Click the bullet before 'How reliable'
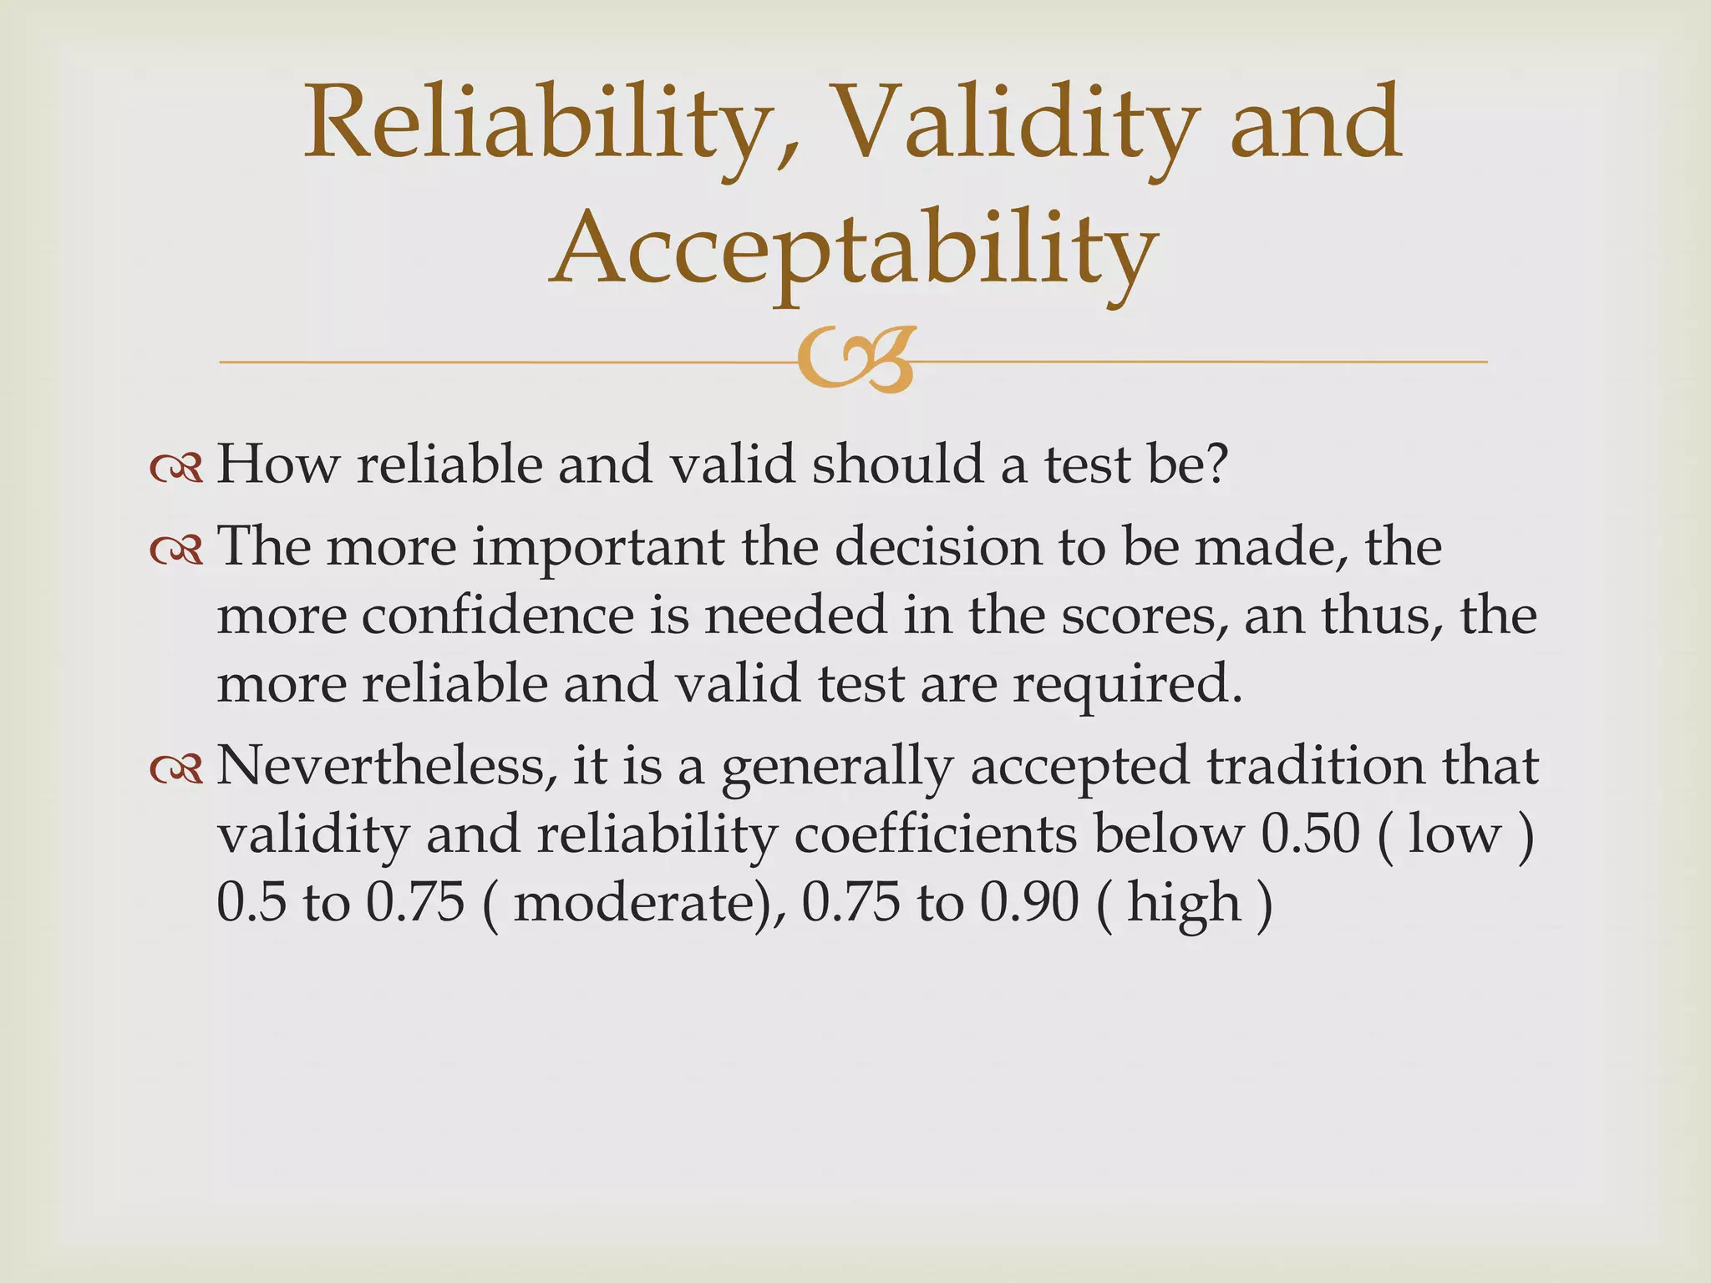(x=176, y=469)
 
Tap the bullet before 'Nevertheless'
(x=176, y=769)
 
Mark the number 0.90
(x=1028, y=903)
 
